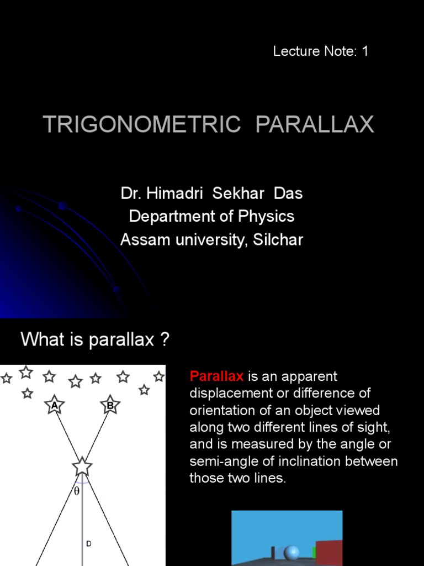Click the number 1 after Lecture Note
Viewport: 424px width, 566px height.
[x=364, y=51]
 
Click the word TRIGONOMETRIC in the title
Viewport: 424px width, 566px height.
[x=142, y=124]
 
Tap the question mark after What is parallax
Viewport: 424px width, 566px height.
[x=163, y=339]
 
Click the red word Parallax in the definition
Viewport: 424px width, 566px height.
[x=216, y=376]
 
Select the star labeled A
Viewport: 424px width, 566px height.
[x=54, y=405]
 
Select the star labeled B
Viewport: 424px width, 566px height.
[x=110, y=405]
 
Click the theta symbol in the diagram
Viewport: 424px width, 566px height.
[x=77, y=490]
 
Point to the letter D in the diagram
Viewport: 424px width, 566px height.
[x=88, y=544]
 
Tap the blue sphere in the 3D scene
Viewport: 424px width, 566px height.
[x=291, y=552]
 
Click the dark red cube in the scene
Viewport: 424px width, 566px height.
[x=329, y=553]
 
